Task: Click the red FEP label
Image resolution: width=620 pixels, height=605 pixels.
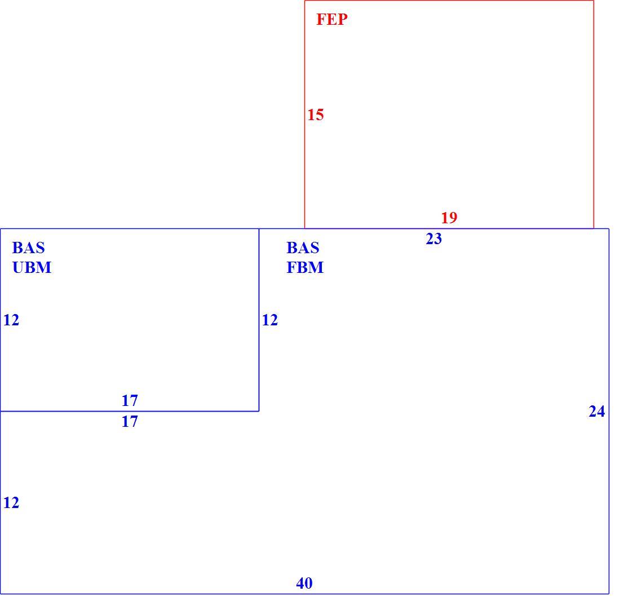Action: (x=332, y=19)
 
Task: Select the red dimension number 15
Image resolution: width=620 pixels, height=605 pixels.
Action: (x=316, y=114)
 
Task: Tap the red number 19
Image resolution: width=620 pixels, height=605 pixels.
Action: (x=449, y=218)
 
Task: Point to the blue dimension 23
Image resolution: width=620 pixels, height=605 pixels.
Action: (x=434, y=239)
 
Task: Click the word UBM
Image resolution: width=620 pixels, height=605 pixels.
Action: (x=32, y=268)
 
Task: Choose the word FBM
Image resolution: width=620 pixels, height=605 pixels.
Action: (x=305, y=268)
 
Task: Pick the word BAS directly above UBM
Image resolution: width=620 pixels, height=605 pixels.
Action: (x=29, y=248)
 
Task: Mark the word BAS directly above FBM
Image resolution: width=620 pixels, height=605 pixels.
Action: (x=303, y=248)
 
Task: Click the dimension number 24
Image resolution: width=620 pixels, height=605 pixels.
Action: (x=597, y=412)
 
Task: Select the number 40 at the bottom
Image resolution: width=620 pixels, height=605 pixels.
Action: (x=304, y=583)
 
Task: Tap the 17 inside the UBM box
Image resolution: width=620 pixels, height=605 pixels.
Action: (x=130, y=400)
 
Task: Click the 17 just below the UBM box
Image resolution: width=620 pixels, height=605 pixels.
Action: (x=130, y=422)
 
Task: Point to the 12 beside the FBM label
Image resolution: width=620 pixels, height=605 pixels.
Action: (x=270, y=320)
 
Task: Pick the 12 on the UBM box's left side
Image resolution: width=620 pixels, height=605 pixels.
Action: (x=11, y=320)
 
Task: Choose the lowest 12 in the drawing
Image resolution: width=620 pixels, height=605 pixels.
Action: (x=11, y=502)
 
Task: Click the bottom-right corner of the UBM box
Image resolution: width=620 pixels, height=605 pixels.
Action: (x=259, y=411)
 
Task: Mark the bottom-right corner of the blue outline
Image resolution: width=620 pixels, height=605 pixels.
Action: (x=609, y=594)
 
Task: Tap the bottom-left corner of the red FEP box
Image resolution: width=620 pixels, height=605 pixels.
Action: (x=304, y=228)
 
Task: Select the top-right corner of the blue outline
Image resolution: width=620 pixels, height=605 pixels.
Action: (x=609, y=228)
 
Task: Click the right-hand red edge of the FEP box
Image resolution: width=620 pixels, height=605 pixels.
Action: (x=594, y=114)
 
